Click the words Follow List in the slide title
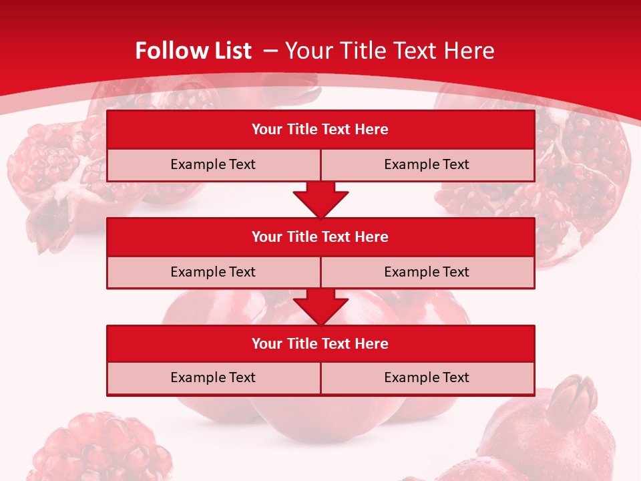[x=193, y=51]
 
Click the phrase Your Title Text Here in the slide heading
[x=389, y=51]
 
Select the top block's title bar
[x=320, y=130]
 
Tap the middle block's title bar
[x=320, y=236]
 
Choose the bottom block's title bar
[x=320, y=343]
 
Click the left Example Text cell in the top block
[x=213, y=164]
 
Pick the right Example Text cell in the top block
[x=427, y=164]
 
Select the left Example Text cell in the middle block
[x=213, y=272]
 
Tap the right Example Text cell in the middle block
[x=427, y=272]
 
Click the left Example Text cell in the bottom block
[x=213, y=377]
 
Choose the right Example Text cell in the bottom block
[x=427, y=377]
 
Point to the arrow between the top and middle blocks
[x=320, y=199]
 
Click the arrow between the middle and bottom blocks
[x=320, y=307]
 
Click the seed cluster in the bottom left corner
[x=100, y=448]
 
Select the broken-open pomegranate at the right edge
[x=581, y=174]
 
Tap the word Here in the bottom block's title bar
[x=372, y=343]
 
